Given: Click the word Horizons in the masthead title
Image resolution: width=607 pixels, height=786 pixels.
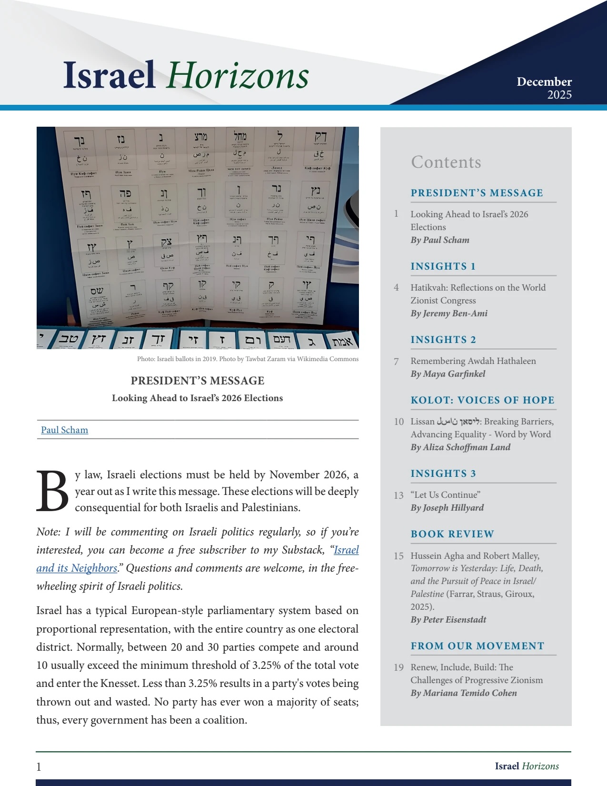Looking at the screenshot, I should pyautogui.click(x=238, y=76).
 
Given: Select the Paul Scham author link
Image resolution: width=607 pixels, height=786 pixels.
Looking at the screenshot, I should pyautogui.click(x=64, y=430).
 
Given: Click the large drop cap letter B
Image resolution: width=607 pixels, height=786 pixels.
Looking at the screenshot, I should pyautogui.click(x=52, y=491).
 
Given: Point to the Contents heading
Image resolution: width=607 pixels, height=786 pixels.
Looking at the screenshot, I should pyautogui.click(x=446, y=162).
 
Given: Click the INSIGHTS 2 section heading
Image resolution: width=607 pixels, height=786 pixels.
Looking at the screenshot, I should pyautogui.click(x=443, y=340).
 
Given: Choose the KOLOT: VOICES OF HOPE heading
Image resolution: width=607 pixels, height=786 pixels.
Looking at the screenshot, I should pyautogui.click(x=482, y=400).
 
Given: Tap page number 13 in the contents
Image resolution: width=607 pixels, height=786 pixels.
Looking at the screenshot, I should pyautogui.click(x=398, y=495).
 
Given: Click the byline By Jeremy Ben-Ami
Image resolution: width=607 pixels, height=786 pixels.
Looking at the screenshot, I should pyautogui.click(x=448, y=313).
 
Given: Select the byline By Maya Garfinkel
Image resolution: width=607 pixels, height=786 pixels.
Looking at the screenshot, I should pyautogui.click(x=448, y=374).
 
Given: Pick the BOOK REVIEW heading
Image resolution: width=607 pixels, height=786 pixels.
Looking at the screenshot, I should pyautogui.click(x=452, y=534).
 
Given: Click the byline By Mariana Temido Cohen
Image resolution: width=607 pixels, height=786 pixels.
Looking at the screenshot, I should pyautogui.click(x=463, y=693).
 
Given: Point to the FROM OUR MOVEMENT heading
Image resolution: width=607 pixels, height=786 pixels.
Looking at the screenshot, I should pyautogui.click(x=477, y=646).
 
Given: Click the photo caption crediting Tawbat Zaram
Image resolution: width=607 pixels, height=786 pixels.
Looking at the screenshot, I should pyautogui.click(x=248, y=359).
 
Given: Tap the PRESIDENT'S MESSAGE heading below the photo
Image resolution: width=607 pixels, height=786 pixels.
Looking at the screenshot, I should pyautogui.click(x=197, y=381).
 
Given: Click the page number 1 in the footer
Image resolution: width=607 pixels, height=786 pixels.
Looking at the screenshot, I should pyautogui.click(x=39, y=766).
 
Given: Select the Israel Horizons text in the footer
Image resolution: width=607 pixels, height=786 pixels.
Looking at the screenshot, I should pyautogui.click(x=527, y=766).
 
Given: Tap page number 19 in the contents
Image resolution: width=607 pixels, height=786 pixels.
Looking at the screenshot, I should pyautogui.click(x=398, y=668).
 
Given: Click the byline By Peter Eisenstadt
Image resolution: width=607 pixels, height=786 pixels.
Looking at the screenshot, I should pyautogui.click(x=448, y=620).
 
